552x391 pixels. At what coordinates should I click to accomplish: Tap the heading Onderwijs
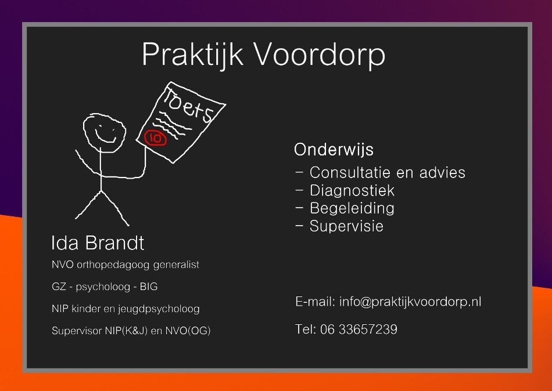click(x=334, y=150)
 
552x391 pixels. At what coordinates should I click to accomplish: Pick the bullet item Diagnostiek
click(x=352, y=190)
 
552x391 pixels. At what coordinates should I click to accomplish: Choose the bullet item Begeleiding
click(x=352, y=208)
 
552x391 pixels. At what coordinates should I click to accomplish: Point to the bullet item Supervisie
click(x=346, y=226)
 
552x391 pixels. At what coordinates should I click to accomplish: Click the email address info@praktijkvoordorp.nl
click(x=410, y=302)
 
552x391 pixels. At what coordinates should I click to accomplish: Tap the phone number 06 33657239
click(x=359, y=330)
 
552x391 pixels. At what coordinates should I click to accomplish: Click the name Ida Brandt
click(x=98, y=242)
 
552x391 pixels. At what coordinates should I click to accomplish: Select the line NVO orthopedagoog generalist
click(x=125, y=265)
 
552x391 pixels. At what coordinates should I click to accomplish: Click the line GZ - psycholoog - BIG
click(x=105, y=287)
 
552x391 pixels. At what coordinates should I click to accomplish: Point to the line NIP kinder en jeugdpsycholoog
click(x=126, y=309)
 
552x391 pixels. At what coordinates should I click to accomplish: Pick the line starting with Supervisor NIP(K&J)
click(x=131, y=331)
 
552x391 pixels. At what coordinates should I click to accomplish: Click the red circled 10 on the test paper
click(x=155, y=138)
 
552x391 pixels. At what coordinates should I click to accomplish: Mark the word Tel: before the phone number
click(x=305, y=330)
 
